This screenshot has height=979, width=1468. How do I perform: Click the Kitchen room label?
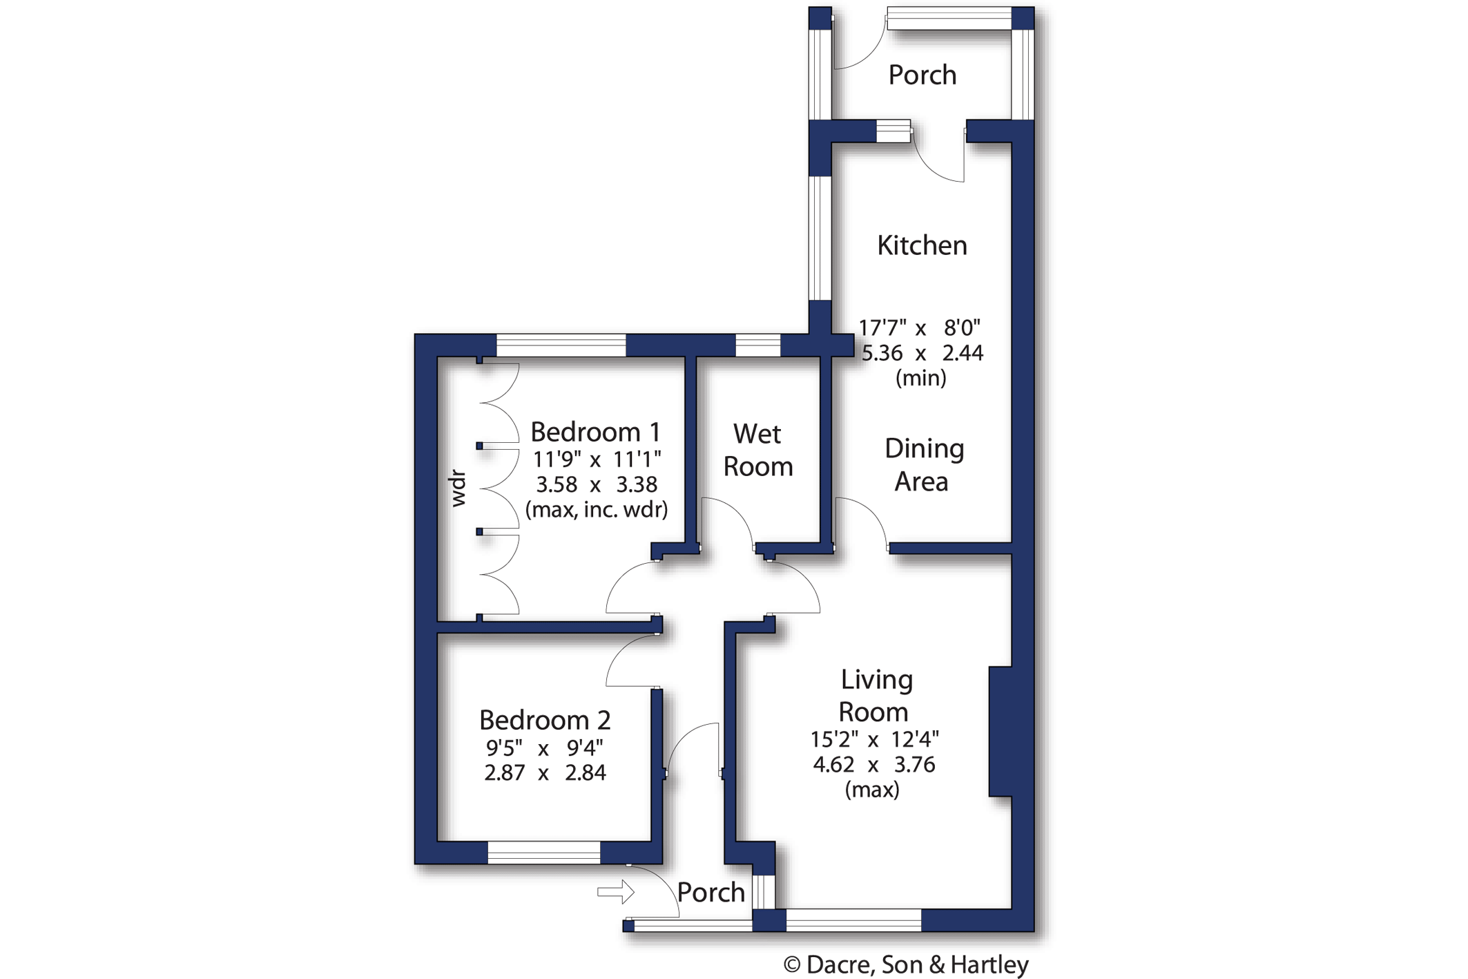pos(922,245)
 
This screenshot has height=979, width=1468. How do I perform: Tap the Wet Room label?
pos(757,450)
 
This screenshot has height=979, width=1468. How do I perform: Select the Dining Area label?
pos(923,465)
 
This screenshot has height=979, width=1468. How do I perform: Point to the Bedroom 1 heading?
pos(595,432)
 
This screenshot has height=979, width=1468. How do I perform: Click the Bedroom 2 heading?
pos(545,720)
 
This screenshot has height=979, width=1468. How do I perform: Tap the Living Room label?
pos(876,695)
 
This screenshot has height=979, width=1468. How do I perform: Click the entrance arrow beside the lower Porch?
pos(616,892)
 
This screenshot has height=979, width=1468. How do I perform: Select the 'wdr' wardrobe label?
pos(458,488)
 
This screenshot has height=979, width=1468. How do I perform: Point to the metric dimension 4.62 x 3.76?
pos(873,765)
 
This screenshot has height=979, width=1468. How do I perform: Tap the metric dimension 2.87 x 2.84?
pos(545,772)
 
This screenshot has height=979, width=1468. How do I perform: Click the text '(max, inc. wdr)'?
pos(597,510)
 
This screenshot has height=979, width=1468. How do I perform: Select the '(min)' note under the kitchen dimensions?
pos(921,378)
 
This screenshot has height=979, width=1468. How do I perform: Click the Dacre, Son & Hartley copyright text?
pos(906,964)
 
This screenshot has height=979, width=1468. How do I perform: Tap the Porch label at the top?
pos(922,75)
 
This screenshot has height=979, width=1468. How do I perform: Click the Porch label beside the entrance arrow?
pos(711,893)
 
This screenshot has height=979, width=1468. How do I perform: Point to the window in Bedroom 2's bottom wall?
pos(544,853)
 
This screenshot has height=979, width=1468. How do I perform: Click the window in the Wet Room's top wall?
pos(757,345)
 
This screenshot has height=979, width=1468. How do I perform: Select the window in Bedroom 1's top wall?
pos(561,345)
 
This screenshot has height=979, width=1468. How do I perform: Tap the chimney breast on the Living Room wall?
pos(1001,732)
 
